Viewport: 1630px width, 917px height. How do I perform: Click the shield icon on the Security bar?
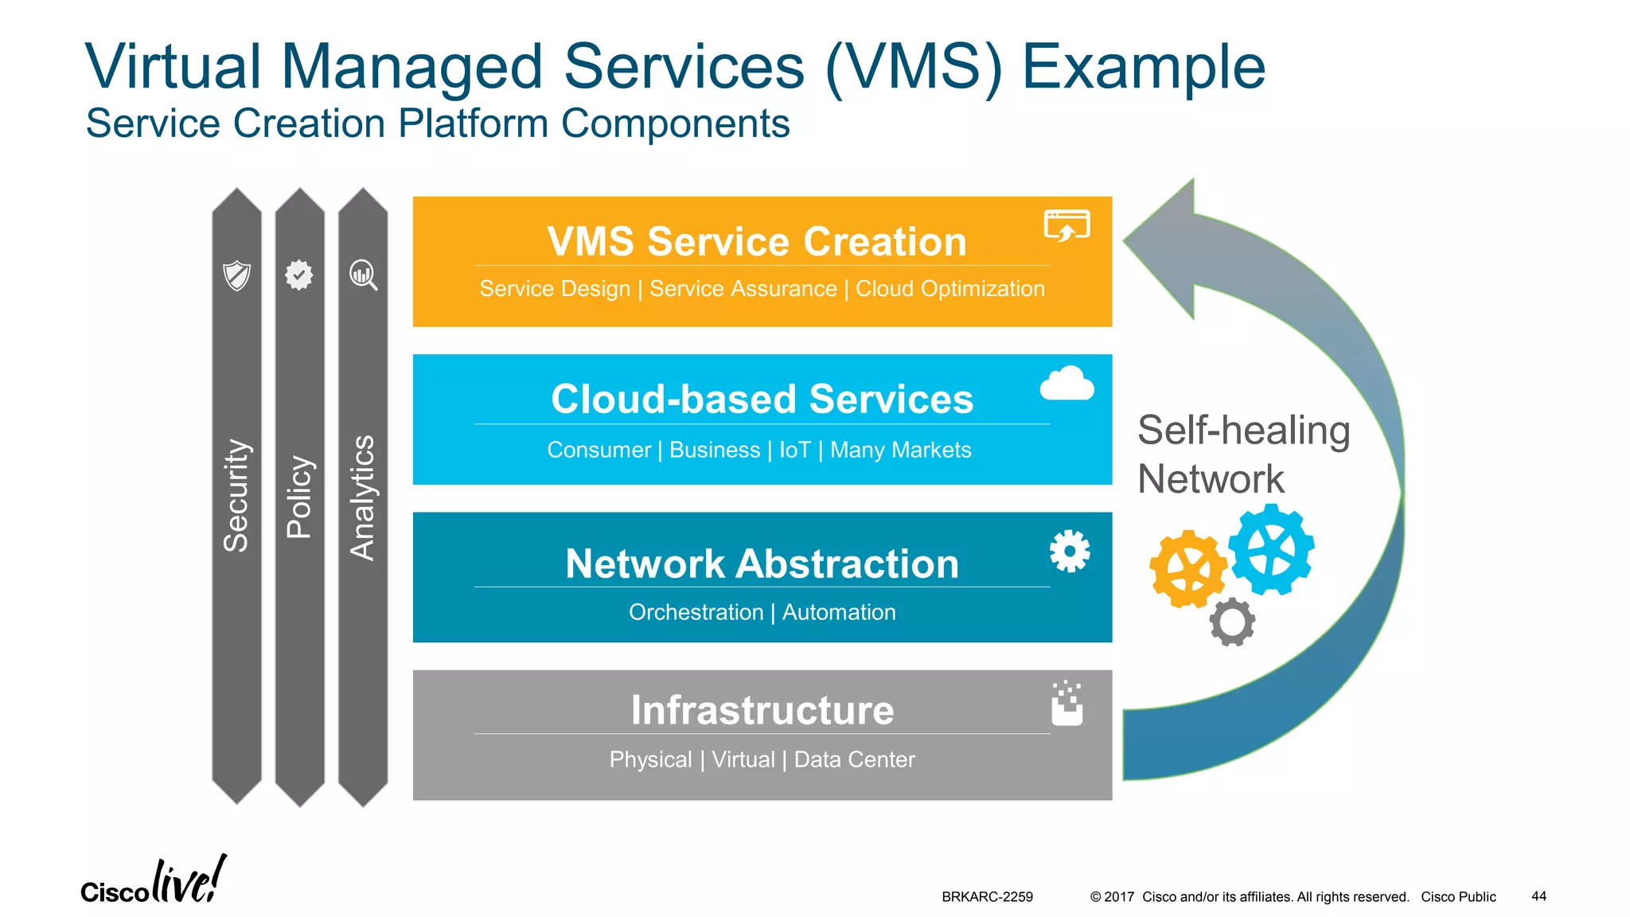(236, 275)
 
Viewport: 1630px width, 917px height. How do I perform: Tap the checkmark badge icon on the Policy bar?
(299, 275)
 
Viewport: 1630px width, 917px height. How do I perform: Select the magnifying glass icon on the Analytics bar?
(363, 275)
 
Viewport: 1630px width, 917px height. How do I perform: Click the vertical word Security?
(236, 495)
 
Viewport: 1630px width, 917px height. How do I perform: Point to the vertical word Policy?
(299, 497)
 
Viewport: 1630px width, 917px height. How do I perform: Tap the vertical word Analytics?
(363, 498)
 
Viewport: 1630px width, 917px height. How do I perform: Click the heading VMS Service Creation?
(756, 241)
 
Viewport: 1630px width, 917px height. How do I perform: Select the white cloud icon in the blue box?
(1067, 384)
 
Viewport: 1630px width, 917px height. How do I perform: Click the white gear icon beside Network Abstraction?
(1069, 551)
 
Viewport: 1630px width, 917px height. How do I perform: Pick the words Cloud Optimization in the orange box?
(950, 289)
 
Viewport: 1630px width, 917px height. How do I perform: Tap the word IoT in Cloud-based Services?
(794, 451)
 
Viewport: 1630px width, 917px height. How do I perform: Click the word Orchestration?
(696, 612)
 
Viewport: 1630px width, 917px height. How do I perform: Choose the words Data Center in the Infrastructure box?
(854, 759)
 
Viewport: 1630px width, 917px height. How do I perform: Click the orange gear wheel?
(1187, 568)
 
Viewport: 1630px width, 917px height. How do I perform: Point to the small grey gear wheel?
(1232, 622)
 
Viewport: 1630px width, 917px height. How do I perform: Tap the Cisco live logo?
(153, 882)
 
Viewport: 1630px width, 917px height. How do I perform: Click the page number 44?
(1538, 896)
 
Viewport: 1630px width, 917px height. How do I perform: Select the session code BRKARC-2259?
(987, 897)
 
